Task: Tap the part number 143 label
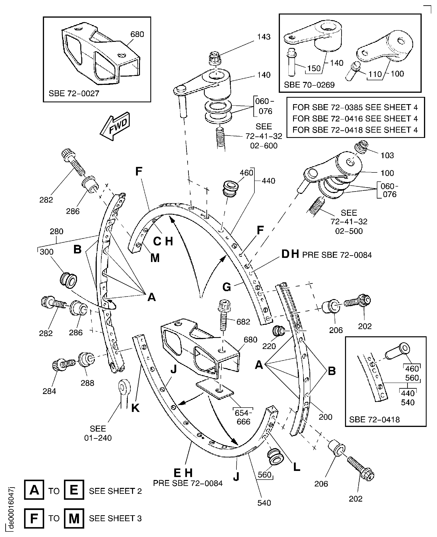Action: (x=264, y=37)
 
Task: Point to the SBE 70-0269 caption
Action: (x=309, y=85)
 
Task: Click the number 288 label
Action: (x=87, y=383)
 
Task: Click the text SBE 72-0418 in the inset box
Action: (x=374, y=420)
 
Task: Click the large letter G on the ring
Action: (x=226, y=287)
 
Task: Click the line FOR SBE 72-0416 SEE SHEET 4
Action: (x=355, y=118)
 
